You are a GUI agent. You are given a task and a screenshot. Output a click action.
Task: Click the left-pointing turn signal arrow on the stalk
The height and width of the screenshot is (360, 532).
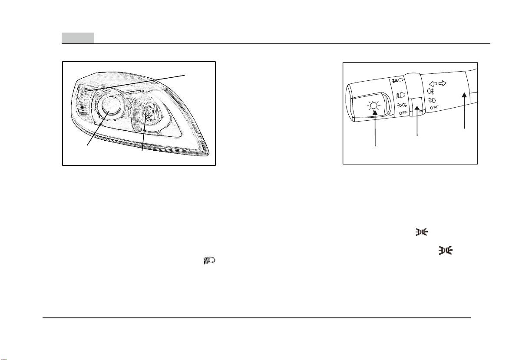(x=433, y=84)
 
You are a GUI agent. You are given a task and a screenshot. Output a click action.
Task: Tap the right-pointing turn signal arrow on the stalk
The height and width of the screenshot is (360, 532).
(x=443, y=83)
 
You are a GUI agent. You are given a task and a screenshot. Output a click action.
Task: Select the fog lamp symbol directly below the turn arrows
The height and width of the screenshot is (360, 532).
(x=431, y=91)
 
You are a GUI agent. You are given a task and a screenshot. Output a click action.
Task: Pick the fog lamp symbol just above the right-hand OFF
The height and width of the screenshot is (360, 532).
(x=432, y=100)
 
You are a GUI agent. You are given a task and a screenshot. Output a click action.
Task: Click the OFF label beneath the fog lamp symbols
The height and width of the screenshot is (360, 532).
(x=434, y=108)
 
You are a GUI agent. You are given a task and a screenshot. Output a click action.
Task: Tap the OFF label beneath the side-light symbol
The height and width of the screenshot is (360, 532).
(x=403, y=113)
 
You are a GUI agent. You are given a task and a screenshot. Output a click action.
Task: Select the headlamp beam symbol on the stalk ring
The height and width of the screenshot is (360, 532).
(x=401, y=96)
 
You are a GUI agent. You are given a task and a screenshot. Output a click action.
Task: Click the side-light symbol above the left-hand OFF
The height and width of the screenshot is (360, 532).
(x=402, y=105)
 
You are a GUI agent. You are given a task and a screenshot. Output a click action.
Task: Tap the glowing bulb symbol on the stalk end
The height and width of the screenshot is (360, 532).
(x=373, y=106)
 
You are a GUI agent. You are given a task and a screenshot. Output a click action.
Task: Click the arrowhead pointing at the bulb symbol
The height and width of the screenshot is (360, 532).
(x=375, y=113)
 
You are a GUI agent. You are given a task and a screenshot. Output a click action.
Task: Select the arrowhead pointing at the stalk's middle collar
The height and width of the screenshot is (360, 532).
(x=417, y=109)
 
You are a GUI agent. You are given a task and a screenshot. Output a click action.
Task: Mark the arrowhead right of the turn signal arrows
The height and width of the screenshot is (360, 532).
(x=464, y=95)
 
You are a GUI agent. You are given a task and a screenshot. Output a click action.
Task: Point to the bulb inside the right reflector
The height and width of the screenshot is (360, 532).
(x=148, y=114)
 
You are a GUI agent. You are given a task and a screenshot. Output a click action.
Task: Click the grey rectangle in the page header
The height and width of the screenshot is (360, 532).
(x=78, y=38)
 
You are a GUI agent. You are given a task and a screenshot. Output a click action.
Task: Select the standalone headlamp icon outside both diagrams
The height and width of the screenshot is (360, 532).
(x=209, y=261)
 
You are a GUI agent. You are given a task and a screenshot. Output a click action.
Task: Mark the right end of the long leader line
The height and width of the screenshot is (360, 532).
(x=185, y=75)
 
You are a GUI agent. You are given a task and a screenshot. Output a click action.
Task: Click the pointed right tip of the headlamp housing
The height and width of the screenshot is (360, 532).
(x=209, y=154)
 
